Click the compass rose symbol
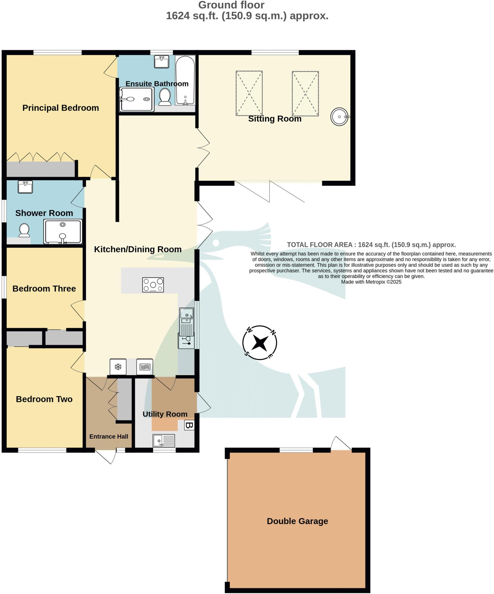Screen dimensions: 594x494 [259, 343]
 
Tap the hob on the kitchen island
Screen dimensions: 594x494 [153, 285]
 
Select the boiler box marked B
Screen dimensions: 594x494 [189, 425]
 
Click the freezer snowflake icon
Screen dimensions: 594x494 [118, 367]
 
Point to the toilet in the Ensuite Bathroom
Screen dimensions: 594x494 [165, 97]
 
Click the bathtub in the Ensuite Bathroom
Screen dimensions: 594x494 [185, 80]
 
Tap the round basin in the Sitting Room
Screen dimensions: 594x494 [339, 117]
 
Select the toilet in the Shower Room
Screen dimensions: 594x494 [24, 231]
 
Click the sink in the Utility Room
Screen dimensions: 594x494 [164, 441]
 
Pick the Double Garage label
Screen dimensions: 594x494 [297, 521]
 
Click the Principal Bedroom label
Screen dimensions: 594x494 [61, 108]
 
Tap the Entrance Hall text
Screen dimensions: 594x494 [109, 437]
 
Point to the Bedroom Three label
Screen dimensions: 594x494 [44, 289]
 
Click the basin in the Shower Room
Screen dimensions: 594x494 [25, 187]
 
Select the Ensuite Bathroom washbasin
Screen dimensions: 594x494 [161, 62]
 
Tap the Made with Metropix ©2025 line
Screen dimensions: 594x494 [371, 282]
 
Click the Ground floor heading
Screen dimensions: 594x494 [231, 5]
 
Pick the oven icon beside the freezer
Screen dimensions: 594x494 [145, 367]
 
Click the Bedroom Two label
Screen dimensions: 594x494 [44, 399]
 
